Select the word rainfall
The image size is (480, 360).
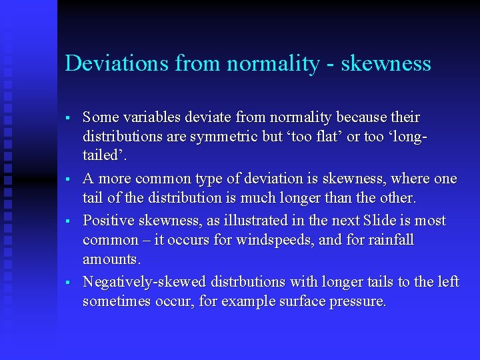click(x=390, y=239)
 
